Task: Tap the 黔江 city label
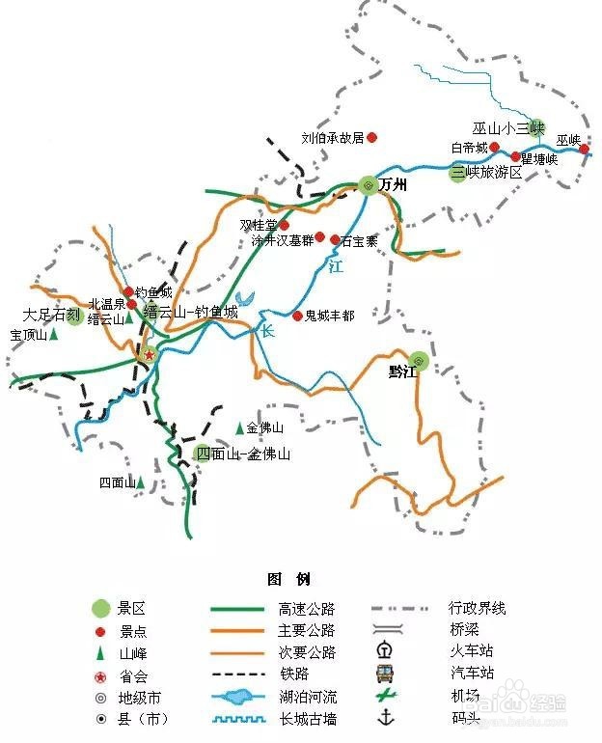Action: (402, 371)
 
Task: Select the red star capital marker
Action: (150, 355)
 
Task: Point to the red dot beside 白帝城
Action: (495, 148)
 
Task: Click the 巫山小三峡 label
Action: (508, 128)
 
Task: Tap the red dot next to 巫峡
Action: (584, 149)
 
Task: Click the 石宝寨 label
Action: (359, 240)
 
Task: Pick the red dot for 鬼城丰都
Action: (297, 316)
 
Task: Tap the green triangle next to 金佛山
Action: (239, 427)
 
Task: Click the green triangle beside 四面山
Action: (141, 482)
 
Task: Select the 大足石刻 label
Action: (51, 315)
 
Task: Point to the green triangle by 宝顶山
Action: (53, 334)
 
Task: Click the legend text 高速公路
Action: (306, 609)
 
